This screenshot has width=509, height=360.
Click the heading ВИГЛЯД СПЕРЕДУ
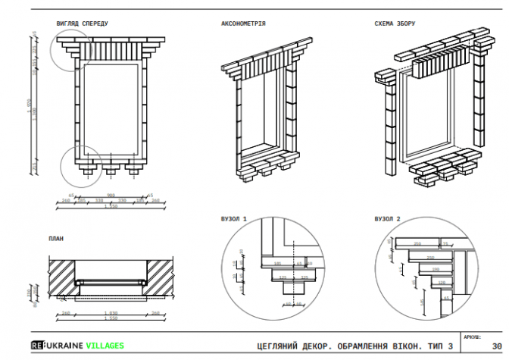pyautogui.click(x=82, y=23)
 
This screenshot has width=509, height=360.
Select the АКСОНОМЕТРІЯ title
pyautogui.click(x=242, y=23)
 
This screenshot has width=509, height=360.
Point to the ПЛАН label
pyautogui.click(x=55, y=239)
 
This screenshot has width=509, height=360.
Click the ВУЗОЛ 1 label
pyautogui.click(x=234, y=218)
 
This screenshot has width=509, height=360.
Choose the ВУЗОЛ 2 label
pyautogui.click(x=387, y=218)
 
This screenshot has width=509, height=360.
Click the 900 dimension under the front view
pyautogui.click(x=111, y=195)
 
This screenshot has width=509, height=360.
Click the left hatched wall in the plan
pyautogui.click(x=64, y=276)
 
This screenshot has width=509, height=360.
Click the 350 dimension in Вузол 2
pyautogui.click(x=417, y=244)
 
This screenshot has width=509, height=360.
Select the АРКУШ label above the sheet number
pyautogui.click(x=470, y=335)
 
